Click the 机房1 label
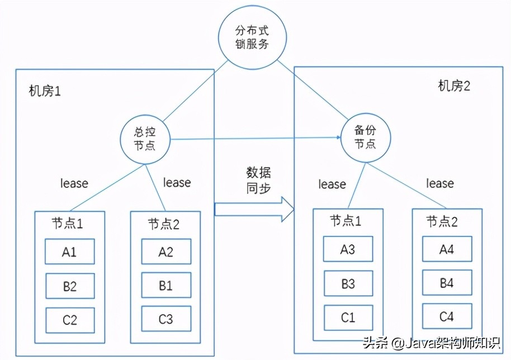point(45,91)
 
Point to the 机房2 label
point(455,86)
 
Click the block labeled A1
point(70,252)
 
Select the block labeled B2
point(70,286)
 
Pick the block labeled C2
point(70,320)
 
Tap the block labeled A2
point(165,252)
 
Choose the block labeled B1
point(165,286)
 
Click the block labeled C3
point(165,319)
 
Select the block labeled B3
point(348,284)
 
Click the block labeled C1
point(348,318)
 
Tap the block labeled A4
point(446,249)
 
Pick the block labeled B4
point(446,283)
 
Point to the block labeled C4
point(446,317)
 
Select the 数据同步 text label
point(258,180)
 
